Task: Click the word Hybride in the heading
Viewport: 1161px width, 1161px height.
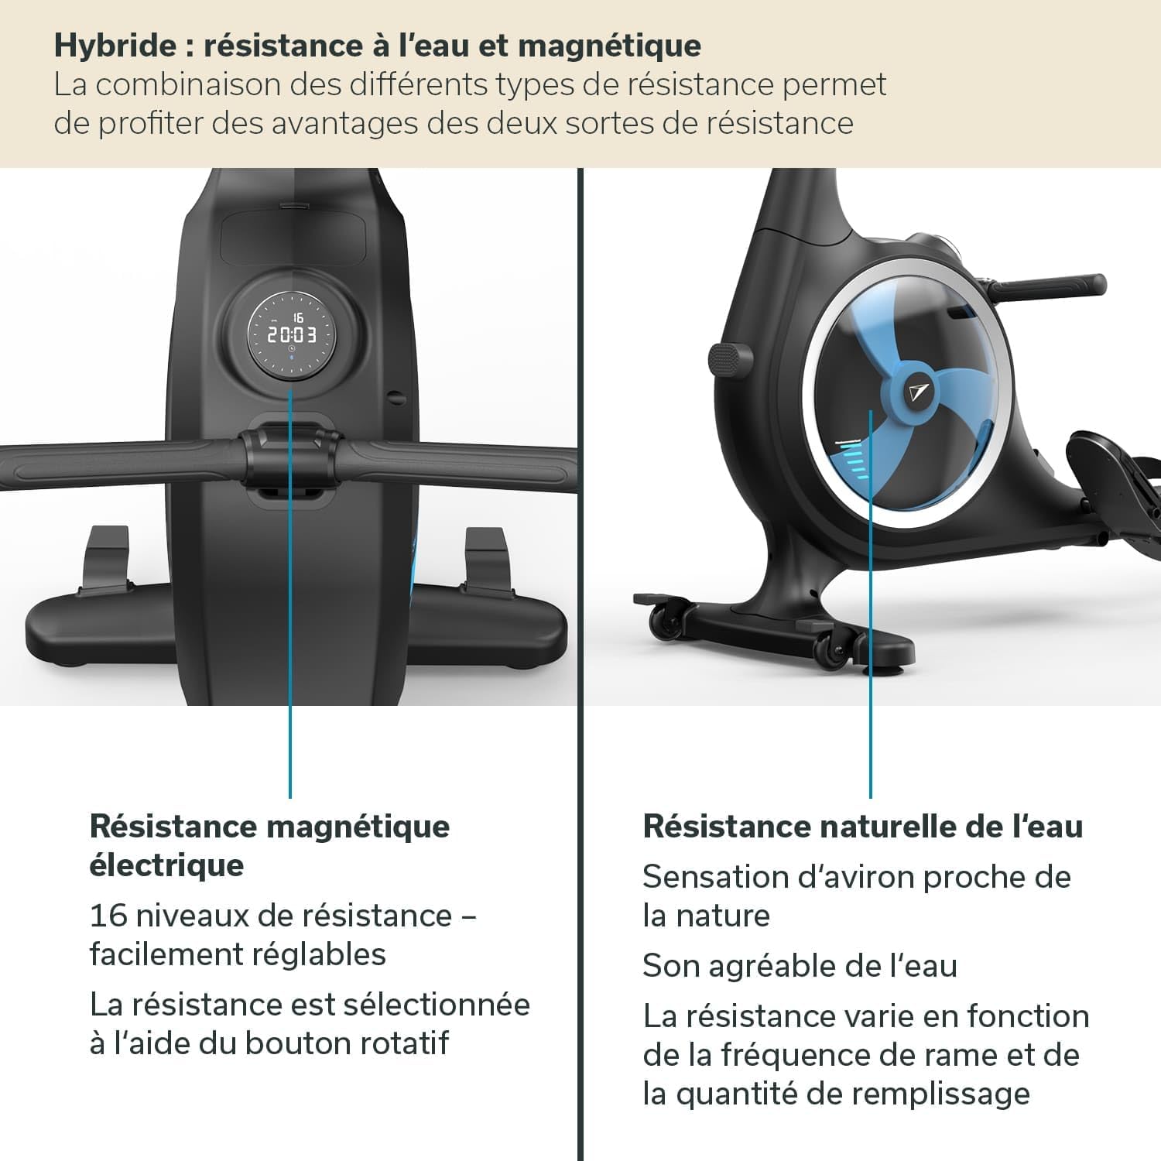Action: click(115, 46)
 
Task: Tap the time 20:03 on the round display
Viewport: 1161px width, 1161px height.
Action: click(292, 335)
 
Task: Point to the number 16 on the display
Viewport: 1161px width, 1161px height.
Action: click(298, 317)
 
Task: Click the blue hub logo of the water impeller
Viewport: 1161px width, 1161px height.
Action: click(920, 392)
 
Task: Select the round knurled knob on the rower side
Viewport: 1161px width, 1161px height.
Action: click(730, 359)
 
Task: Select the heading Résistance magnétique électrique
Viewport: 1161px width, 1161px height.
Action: click(269, 845)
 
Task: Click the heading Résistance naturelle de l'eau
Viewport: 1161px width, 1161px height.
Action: click(862, 827)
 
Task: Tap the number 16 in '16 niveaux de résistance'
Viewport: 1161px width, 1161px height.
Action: click(108, 916)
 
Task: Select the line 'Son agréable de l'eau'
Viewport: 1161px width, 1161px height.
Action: click(800, 966)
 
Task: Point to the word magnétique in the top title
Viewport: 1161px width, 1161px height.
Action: click(609, 46)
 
